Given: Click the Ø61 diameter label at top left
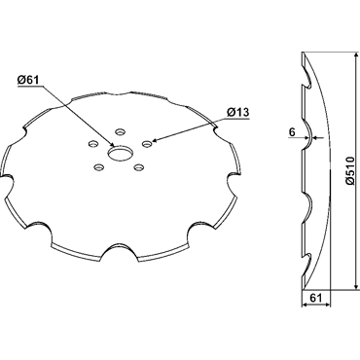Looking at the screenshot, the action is pyautogui.click(x=28, y=80).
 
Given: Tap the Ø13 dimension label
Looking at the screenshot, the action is pyautogui.click(x=238, y=112).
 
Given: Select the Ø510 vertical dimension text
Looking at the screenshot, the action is pyautogui.click(x=350, y=170).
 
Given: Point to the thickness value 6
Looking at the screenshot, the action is pyautogui.click(x=292, y=132).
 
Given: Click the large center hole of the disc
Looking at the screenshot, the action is pyautogui.click(x=120, y=153).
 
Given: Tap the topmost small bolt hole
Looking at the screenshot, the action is pyautogui.click(x=121, y=132).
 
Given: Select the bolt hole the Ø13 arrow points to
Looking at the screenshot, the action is pyautogui.click(x=147, y=143).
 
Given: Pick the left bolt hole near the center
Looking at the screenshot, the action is pyautogui.click(x=93, y=143).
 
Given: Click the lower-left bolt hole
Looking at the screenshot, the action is pyautogui.click(x=98, y=167).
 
